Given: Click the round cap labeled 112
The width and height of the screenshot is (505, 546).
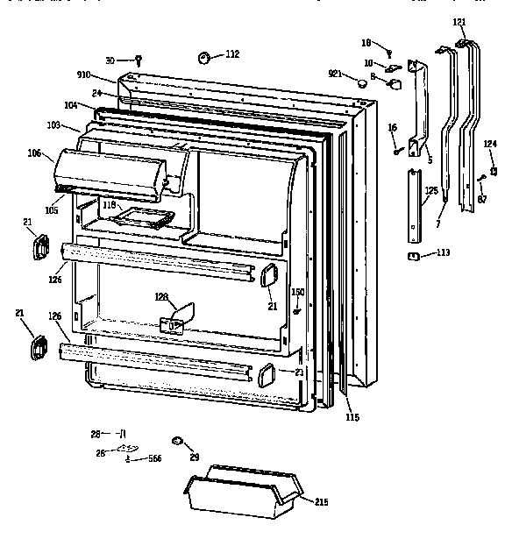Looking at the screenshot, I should click(x=205, y=58).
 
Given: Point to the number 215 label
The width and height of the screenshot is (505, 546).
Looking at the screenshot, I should click(x=321, y=501).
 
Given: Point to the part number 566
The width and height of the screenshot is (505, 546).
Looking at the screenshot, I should click(x=154, y=458).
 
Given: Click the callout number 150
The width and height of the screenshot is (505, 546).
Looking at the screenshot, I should click(x=297, y=292).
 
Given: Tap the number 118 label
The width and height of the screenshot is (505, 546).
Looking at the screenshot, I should click(x=108, y=204).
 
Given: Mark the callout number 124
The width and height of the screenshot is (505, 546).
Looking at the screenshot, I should click(x=490, y=144).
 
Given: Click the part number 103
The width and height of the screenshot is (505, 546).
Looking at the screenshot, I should click(x=54, y=126).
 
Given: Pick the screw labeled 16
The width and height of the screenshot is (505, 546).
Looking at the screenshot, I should click(x=399, y=149).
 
